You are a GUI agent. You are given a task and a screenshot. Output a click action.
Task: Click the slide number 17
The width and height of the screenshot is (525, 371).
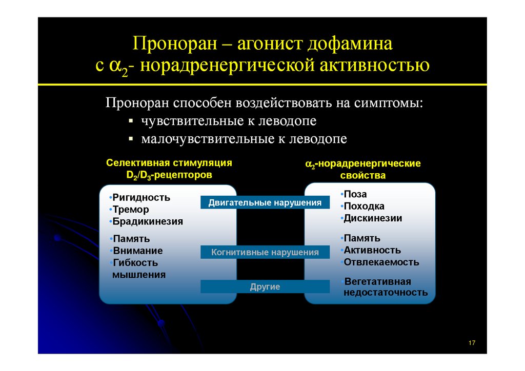pos(472,342)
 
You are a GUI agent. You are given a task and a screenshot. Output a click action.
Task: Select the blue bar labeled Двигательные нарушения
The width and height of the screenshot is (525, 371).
pos(265,203)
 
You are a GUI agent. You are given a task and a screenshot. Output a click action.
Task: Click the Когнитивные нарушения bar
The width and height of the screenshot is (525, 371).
pos(265,252)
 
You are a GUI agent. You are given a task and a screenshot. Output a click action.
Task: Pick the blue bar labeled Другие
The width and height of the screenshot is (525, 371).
pos(265,286)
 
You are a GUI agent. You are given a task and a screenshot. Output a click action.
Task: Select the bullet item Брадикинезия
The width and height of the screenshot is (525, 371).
pos(148,222)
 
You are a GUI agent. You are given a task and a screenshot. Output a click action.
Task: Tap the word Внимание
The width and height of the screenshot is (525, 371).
pos(138,251)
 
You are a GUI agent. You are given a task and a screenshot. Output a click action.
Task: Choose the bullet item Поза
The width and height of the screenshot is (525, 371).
pos(355,194)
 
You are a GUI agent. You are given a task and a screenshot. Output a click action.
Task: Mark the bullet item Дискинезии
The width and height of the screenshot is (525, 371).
pos(373,218)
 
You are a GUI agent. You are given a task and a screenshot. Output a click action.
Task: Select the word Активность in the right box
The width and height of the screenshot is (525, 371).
pos(372,250)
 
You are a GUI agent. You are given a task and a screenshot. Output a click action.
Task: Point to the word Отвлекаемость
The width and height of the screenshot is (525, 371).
pos(381,262)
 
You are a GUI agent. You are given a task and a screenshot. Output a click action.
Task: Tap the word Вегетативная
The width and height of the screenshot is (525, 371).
pos(378,281)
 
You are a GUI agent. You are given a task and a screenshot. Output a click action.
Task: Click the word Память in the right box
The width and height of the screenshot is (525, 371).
pos(362,238)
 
